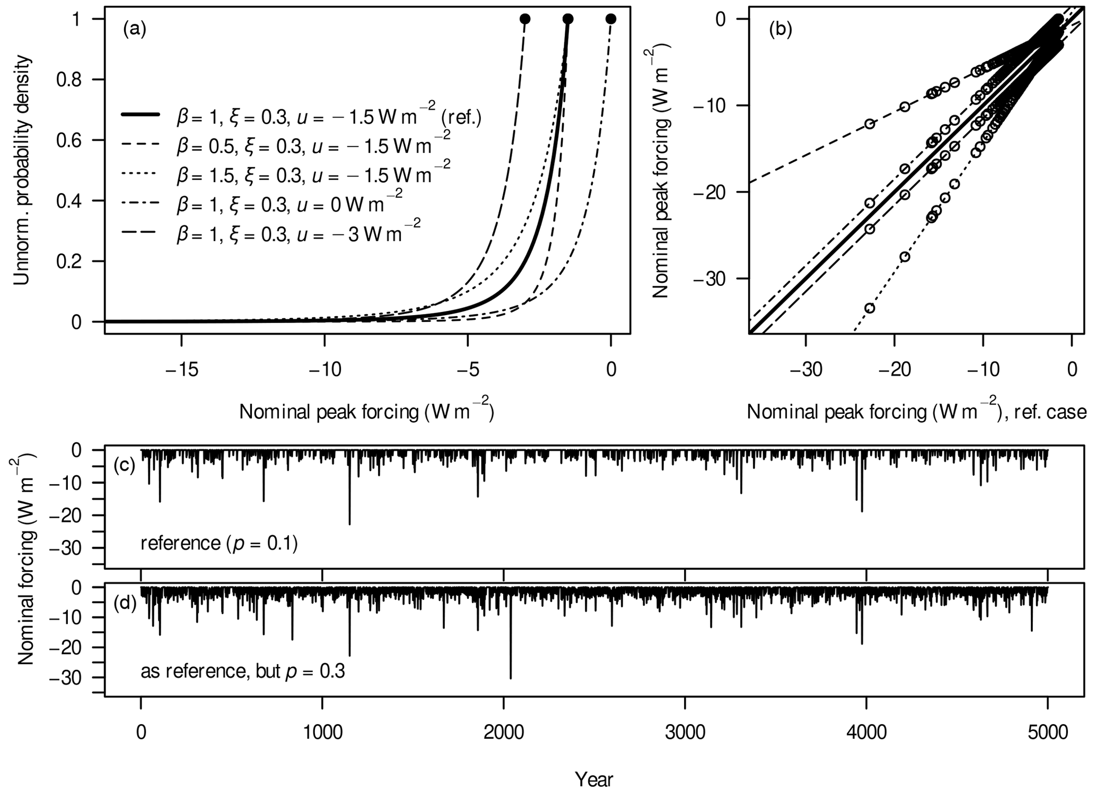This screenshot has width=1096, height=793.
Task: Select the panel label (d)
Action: click(125, 603)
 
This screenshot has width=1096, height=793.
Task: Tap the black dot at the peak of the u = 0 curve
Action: click(610, 19)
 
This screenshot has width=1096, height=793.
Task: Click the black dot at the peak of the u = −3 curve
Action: click(525, 19)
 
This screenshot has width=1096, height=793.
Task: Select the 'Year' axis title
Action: click(594, 779)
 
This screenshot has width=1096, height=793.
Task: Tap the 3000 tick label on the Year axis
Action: click(685, 732)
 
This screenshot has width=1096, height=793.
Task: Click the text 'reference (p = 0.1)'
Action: click(219, 543)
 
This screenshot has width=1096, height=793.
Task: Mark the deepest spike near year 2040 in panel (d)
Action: click(511, 677)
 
